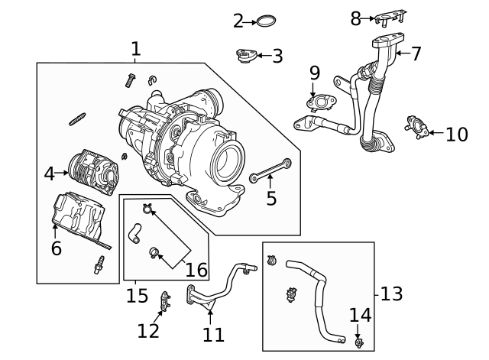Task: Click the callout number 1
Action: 135,50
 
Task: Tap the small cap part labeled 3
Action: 246,57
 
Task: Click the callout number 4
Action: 50,174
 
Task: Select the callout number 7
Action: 416,54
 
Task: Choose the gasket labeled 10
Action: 417,127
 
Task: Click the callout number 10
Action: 456,135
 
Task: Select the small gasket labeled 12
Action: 165,302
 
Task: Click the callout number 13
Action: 391,294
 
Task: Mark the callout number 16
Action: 196,269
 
